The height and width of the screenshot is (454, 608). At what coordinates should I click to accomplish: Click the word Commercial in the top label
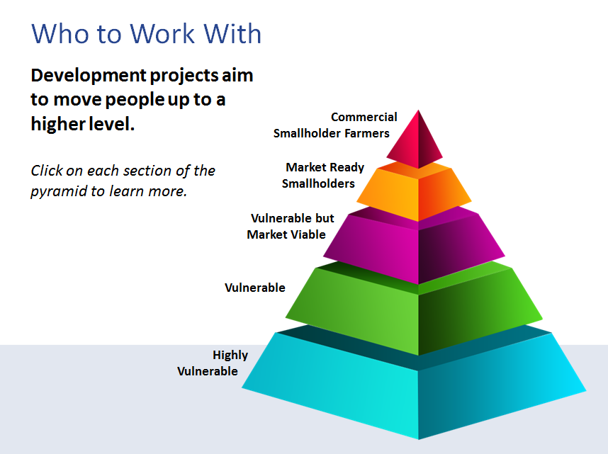(x=364, y=117)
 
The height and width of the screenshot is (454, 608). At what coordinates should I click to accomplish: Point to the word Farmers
(x=367, y=133)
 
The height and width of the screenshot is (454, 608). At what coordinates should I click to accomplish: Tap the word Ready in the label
(x=347, y=167)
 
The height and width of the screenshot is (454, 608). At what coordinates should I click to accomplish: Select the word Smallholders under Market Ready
(x=318, y=183)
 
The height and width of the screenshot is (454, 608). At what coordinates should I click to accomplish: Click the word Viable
(x=306, y=234)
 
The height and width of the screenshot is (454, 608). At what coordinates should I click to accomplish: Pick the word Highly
(x=230, y=356)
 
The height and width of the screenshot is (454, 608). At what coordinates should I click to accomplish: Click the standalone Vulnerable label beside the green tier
(x=255, y=288)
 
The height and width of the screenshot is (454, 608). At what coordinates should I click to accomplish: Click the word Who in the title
(x=60, y=34)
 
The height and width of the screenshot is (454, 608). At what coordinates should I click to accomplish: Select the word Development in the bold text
(x=89, y=76)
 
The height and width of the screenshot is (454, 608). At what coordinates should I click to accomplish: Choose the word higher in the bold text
(x=58, y=124)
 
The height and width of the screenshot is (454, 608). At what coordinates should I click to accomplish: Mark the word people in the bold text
(x=135, y=100)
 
